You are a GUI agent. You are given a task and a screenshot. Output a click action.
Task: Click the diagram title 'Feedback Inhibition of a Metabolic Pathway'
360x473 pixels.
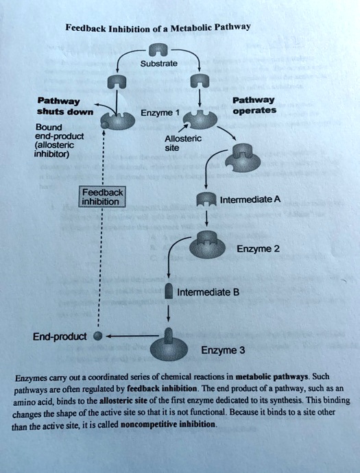tap(158, 27)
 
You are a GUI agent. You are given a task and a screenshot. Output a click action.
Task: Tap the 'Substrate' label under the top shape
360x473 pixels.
tap(158, 64)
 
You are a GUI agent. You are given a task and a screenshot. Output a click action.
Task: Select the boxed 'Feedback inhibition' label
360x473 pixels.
tap(102, 197)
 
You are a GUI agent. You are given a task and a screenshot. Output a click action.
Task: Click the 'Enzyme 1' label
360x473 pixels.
tap(160, 113)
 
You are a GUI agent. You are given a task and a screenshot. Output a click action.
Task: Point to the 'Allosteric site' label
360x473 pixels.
tap(183, 143)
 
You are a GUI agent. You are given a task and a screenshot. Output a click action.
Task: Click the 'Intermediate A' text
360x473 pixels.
tap(250, 199)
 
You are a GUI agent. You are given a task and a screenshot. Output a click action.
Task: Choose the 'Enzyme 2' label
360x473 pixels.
tap(258, 249)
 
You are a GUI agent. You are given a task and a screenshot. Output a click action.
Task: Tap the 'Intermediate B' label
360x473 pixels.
tap(208, 292)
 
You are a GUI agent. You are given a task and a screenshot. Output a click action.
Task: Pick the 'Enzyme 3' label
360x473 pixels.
tap(223, 350)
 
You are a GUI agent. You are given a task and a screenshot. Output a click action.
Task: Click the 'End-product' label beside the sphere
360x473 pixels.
tap(60, 337)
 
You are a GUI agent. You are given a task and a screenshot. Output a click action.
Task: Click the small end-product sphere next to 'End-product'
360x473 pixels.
tap(97, 336)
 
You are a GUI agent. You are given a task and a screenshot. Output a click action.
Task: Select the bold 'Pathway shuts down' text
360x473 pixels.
tap(65, 106)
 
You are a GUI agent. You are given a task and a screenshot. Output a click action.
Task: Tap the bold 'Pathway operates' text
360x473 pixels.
tap(254, 105)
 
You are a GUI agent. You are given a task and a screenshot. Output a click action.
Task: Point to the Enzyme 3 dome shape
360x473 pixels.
tap(169, 349)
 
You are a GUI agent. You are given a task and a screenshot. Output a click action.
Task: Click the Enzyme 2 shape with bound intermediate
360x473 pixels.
tap(208, 243)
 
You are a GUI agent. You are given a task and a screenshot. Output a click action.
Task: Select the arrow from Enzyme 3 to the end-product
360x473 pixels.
tap(134, 336)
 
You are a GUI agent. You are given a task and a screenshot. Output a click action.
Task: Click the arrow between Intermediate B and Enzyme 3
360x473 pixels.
tap(169, 313)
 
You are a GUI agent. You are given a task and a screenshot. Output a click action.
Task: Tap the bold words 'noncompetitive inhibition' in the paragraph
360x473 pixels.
tap(169, 424)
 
